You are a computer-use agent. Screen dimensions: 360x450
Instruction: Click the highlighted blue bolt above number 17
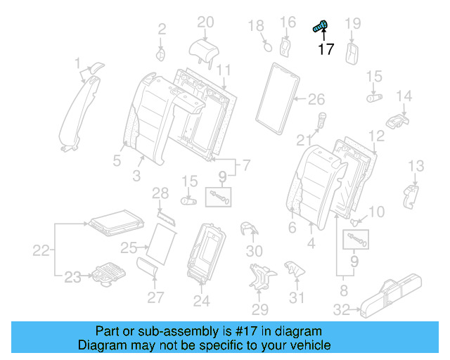tap(321, 27)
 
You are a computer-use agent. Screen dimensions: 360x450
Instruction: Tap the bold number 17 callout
tap(326, 49)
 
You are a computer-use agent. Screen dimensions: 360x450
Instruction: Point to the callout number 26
tap(316, 98)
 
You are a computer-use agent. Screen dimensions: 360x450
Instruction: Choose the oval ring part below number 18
tap(266, 47)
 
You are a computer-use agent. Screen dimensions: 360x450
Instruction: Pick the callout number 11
tap(224, 70)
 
